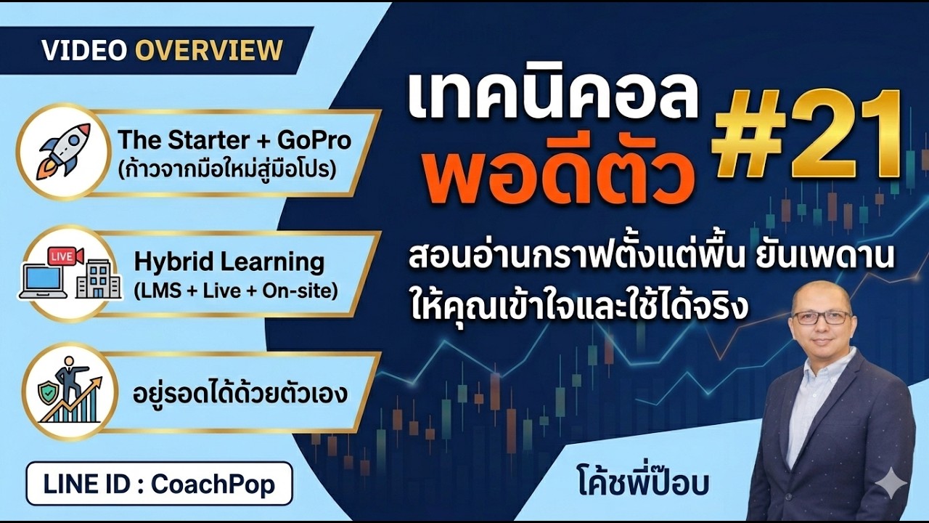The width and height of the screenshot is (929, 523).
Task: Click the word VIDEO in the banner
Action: (85, 50)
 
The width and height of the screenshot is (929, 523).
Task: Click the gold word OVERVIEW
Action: (209, 50)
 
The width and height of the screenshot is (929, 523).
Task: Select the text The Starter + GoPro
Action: (234, 139)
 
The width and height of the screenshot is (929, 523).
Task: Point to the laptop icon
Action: (43, 281)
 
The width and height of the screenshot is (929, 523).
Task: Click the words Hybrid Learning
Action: (229, 261)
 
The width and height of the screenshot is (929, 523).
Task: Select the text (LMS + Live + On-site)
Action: (236, 291)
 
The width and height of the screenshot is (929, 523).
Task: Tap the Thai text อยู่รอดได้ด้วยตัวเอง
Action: (240, 394)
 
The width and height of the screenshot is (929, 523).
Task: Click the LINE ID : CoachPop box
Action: (159, 484)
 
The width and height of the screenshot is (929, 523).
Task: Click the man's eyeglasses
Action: (822, 317)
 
